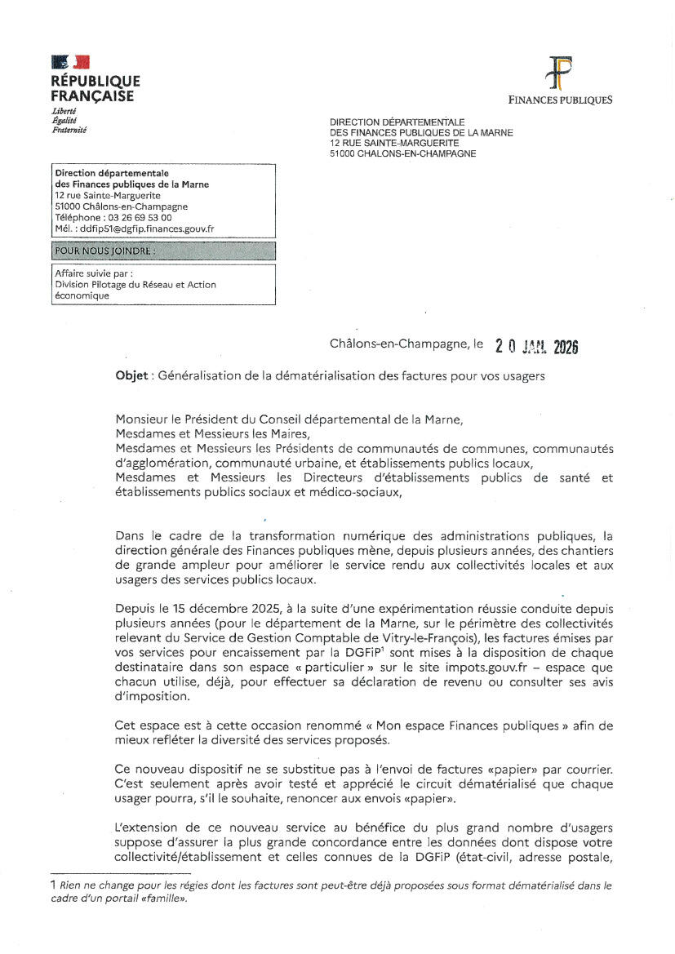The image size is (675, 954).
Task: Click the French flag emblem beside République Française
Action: (x=71, y=62)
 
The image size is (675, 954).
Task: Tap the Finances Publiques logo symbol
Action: (x=560, y=73)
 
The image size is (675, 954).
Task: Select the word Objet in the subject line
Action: (x=131, y=376)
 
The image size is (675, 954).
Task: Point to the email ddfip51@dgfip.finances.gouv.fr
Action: (x=144, y=229)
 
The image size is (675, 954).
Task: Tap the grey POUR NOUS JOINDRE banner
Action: (x=163, y=251)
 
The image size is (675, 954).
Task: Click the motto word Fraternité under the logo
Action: (x=69, y=129)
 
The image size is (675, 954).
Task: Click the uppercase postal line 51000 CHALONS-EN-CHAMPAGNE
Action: (x=402, y=153)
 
